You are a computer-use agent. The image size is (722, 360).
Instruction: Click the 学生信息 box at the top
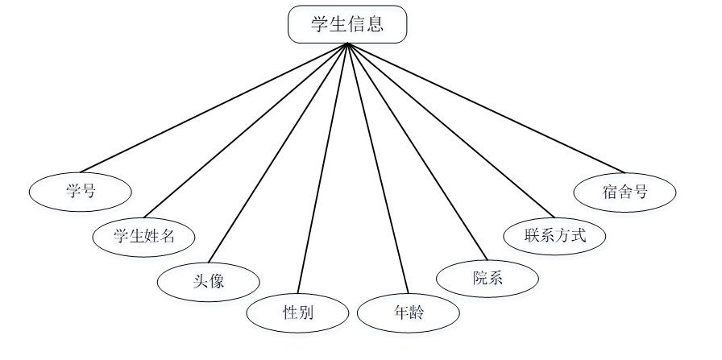coord(347,24)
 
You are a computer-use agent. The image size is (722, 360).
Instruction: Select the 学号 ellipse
coord(80,192)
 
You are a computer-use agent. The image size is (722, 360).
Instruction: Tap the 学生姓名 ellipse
coord(144,236)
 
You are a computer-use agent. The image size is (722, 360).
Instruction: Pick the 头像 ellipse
coord(209,281)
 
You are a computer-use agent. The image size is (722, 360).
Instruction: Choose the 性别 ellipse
coord(297,313)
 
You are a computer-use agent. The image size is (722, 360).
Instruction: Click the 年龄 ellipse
coord(409,313)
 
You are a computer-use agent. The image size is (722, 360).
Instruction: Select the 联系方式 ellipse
coord(554,236)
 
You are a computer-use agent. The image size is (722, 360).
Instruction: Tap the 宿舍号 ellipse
coord(624,192)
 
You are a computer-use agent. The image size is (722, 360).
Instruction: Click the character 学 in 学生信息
coord(320,24)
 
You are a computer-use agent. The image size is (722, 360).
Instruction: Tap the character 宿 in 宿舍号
coord(609,192)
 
